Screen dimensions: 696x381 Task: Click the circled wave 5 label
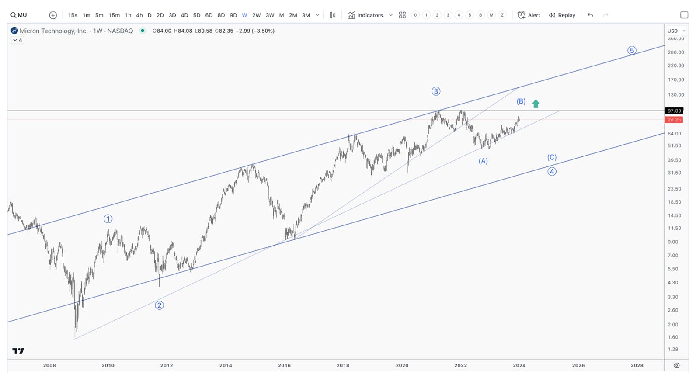(632, 50)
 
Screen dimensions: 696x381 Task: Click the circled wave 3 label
(436, 91)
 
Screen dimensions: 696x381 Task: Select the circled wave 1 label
(108, 219)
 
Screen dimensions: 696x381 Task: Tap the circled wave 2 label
(160, 305)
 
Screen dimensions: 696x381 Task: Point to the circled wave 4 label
(552, 171)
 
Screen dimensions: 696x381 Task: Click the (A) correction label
(483, 161)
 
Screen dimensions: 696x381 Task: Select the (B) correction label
(521, 101)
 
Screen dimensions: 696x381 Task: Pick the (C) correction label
(552, 157)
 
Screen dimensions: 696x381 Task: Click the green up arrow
(536, 104)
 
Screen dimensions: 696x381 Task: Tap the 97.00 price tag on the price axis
(674, 111)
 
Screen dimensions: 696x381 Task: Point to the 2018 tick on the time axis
(343, 365)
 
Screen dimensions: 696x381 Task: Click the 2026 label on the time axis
(578, 365)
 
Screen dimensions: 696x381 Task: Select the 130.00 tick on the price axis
(676, 94)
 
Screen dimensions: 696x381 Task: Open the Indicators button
(365, 15)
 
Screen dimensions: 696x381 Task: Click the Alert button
(529, 15)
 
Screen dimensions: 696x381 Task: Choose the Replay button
(562, 15)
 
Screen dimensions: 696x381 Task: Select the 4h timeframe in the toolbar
(139, 15)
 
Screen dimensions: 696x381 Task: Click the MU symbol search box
(19, 15)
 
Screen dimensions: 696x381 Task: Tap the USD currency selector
(676, 31)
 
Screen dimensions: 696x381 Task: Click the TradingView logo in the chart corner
(18, 351)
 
